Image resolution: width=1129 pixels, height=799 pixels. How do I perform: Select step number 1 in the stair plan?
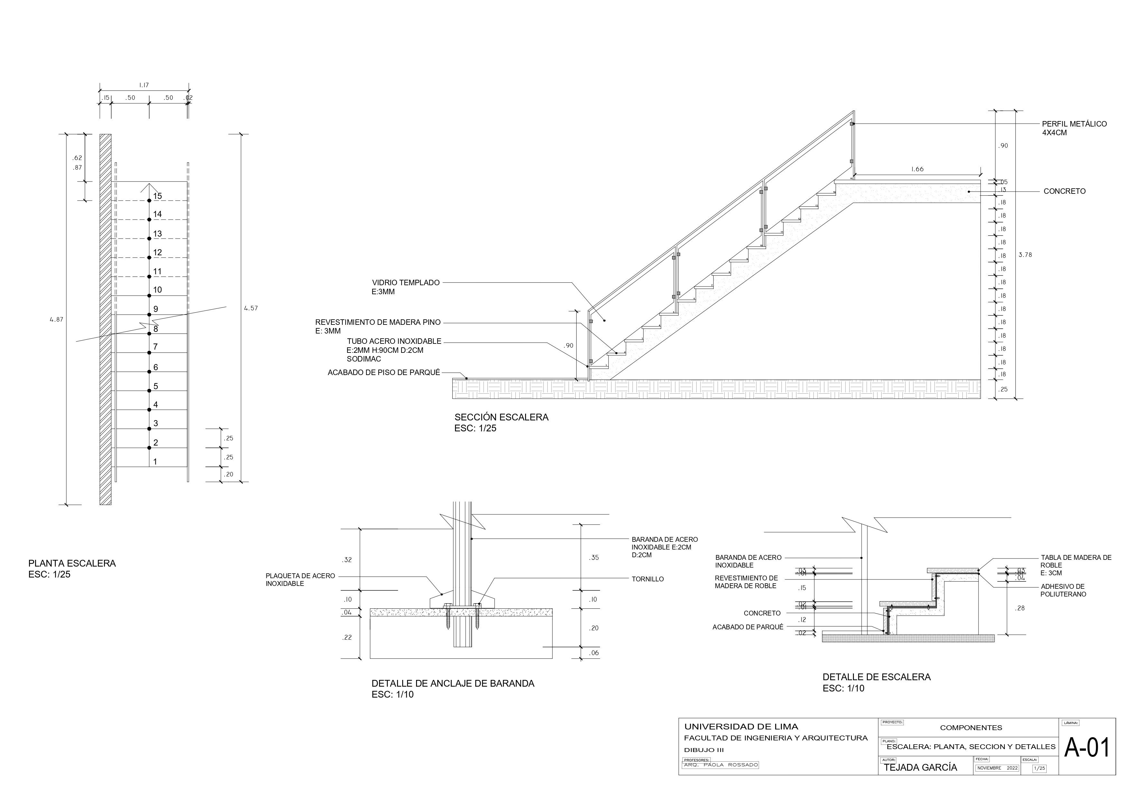click(x=155, y=462)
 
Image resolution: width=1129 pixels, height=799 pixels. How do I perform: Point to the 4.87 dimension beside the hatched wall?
click(x=57, y=319)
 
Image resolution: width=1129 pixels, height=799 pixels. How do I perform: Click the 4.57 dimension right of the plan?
click(x=251, y=308)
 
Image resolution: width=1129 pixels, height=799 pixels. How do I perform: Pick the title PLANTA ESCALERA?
click(x=72, y=564)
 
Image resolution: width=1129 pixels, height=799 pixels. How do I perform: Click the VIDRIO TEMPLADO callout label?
click(x=406, y=283)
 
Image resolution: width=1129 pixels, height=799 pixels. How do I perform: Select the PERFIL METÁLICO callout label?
click(x=1074, y=124)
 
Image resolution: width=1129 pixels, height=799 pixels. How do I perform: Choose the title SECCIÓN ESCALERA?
click(x=501, y=417)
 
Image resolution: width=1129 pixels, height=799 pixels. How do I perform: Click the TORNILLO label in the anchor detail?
click(x=648, y=579)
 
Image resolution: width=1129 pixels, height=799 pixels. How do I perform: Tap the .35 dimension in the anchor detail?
click(x=594, y=558)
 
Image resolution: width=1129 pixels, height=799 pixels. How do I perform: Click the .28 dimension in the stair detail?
click(x=1020, y=608)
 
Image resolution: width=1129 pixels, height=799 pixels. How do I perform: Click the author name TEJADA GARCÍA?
click(x=921, y=767)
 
